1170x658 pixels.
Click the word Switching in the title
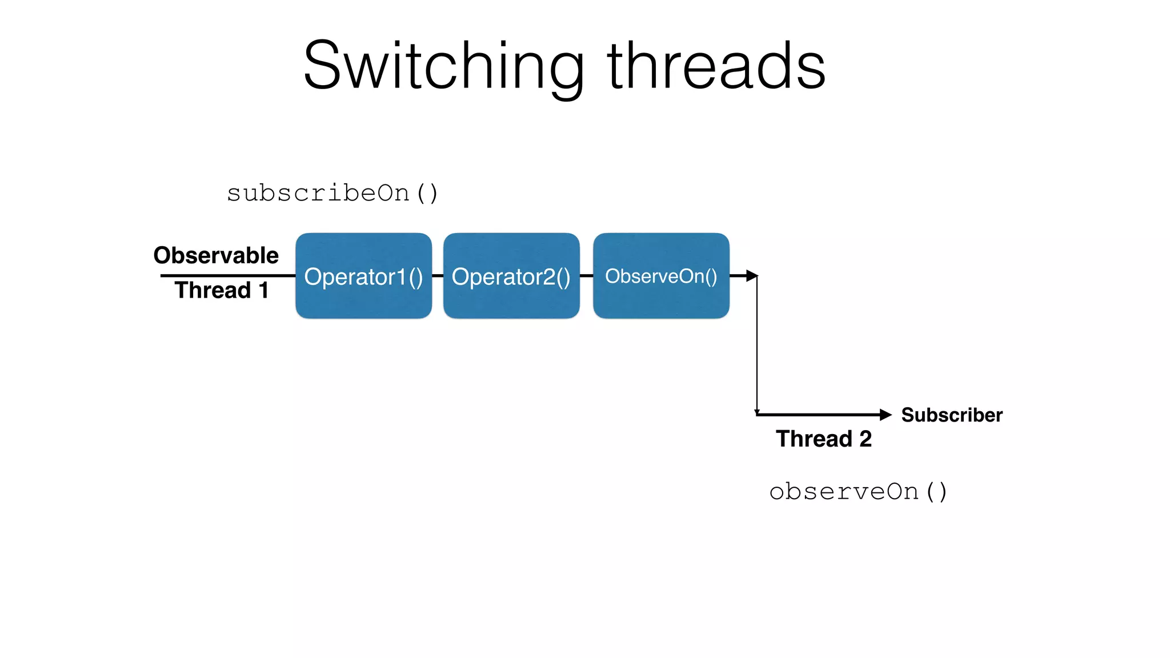point(443,67)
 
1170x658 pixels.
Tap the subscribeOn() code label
point(332,193)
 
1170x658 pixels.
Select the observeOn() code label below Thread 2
point(858,492)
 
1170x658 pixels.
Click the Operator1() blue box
point(363,276)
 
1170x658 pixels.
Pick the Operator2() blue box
point(511,276)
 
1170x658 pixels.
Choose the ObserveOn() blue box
point(661,276)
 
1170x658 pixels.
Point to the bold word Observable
point(216,255)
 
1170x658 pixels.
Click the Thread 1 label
point(221,290)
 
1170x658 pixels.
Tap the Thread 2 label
point(823,439)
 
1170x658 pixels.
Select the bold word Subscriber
point(952,415)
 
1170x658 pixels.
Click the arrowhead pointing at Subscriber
point(885,415)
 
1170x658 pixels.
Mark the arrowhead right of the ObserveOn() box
point(752,276)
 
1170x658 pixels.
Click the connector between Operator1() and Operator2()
point(438,276)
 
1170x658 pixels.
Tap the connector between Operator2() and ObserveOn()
point(587,276)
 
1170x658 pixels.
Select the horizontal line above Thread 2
point(817,415)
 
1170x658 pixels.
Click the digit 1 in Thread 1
point(263,290)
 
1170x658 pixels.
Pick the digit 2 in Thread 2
point(866,439)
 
